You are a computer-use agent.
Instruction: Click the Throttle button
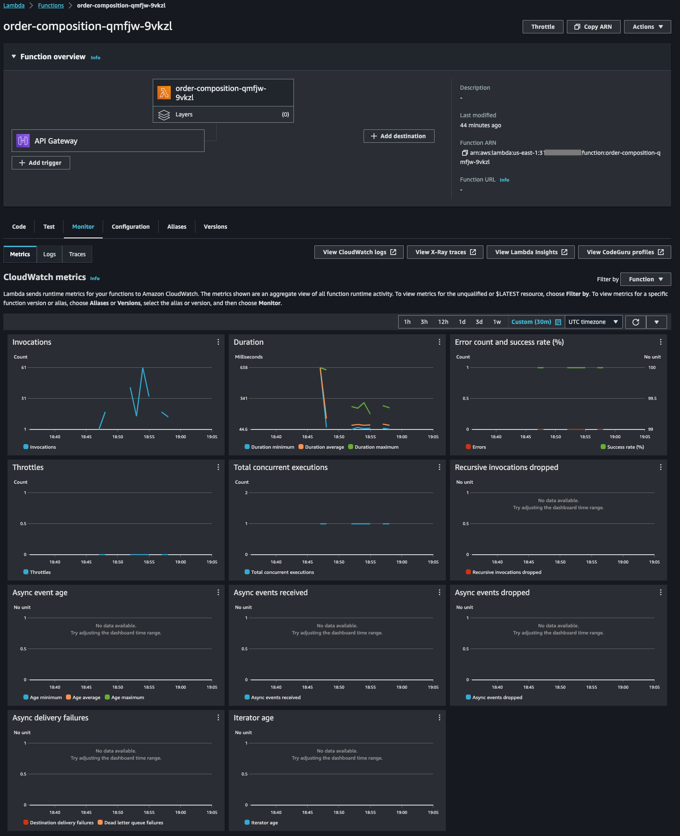click(x=543, y=27)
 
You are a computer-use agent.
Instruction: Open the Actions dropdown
click(x=647, y=27)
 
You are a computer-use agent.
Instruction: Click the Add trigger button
click(x=41, y=163)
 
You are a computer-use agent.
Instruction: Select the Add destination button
click(x=399, y=136)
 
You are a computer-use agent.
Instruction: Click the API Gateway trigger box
click(x=108, y=141)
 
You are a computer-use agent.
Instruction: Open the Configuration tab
click(x=131, y=227)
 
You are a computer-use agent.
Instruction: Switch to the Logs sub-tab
click(x=49, y=254)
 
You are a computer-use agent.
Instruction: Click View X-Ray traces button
click(x=445, y=252)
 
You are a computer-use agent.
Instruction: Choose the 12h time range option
click(x=443, y=322)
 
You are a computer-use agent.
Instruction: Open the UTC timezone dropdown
click(x=593, y=322)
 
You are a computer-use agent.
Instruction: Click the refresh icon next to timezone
click(x=636, y=322)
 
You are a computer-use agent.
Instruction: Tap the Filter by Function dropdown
click(x=646, y=279)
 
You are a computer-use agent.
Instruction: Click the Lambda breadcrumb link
click(x=14, y=5)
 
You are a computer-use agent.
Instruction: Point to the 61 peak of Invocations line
click(x=143, y=368)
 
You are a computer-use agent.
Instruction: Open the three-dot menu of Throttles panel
click(x=218, y=467)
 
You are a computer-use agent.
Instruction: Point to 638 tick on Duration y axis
click(x=244, y=368)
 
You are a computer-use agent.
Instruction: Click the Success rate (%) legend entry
click(x=622, y=447)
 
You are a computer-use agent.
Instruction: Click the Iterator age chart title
click(x=254, y=718)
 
